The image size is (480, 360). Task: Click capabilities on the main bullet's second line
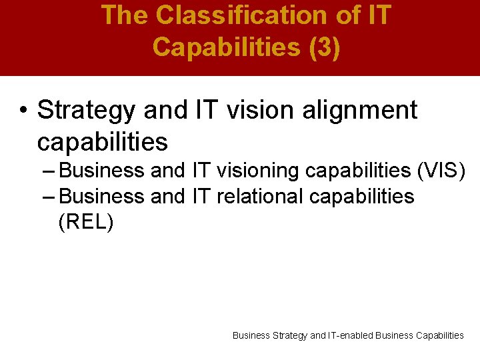click(102, 141)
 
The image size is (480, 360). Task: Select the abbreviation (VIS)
click(441, 171)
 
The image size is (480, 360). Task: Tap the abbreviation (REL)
click(86, 223)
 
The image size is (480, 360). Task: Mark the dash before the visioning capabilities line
click(48, 171)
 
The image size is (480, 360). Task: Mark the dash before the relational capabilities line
click(48, 197)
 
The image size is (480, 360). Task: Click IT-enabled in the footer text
click(351, 335)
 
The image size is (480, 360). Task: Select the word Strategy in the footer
click(290, 335)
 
